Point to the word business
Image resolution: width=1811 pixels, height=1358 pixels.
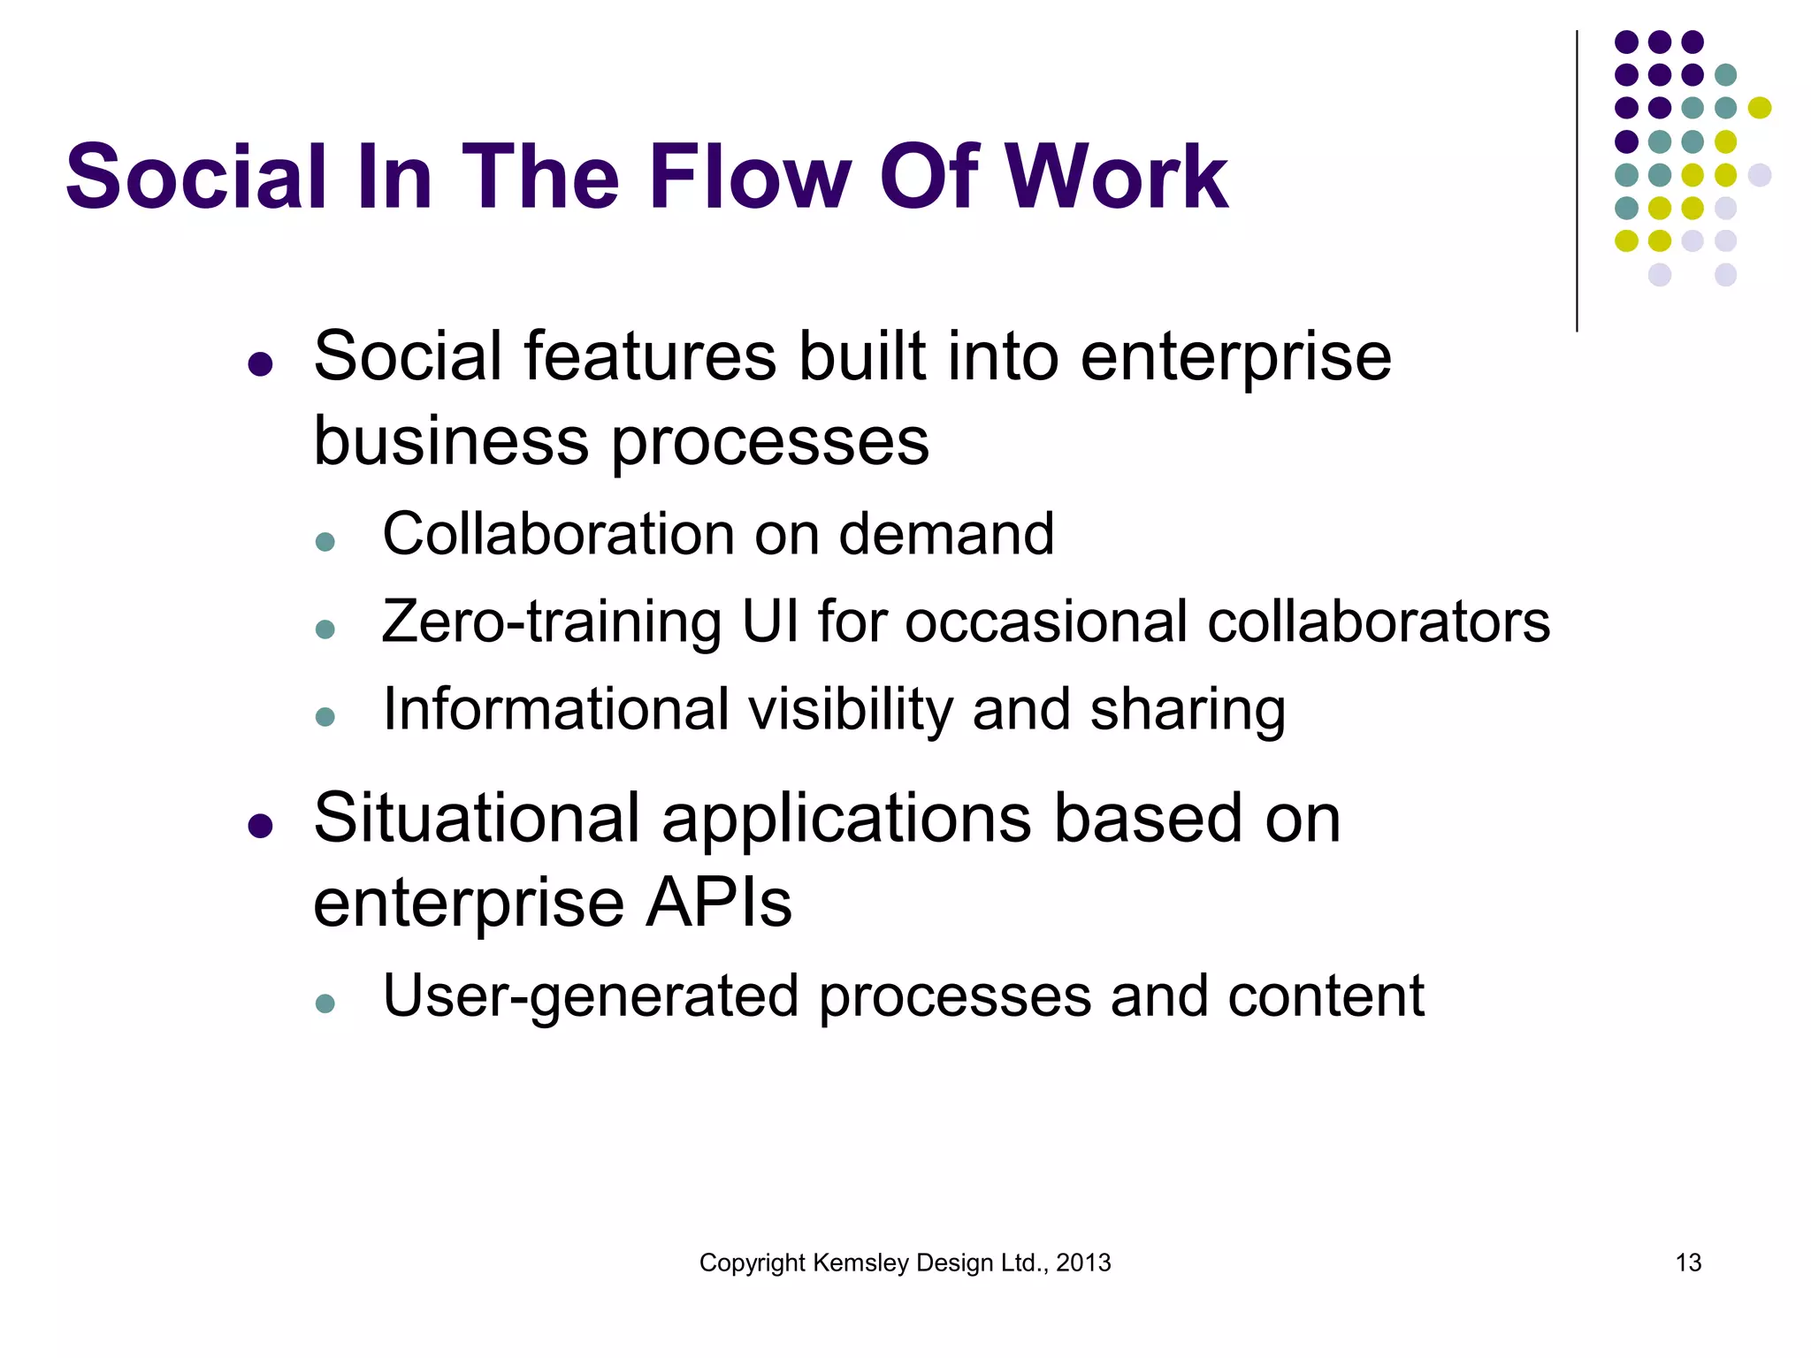coord(451,441)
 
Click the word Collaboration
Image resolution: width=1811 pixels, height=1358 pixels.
coord(557,534)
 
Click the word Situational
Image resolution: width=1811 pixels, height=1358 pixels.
coord(477,819)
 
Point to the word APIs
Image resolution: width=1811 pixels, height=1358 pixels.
coord(718,904)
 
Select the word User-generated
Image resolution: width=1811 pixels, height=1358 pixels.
coord(590,997)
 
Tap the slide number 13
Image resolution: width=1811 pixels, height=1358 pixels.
coord(1688,1263)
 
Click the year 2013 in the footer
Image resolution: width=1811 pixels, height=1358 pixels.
coord(1083,1263)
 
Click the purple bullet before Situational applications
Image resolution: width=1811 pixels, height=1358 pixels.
coord(260,826)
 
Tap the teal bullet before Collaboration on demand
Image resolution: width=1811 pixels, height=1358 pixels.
coord(325,541)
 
